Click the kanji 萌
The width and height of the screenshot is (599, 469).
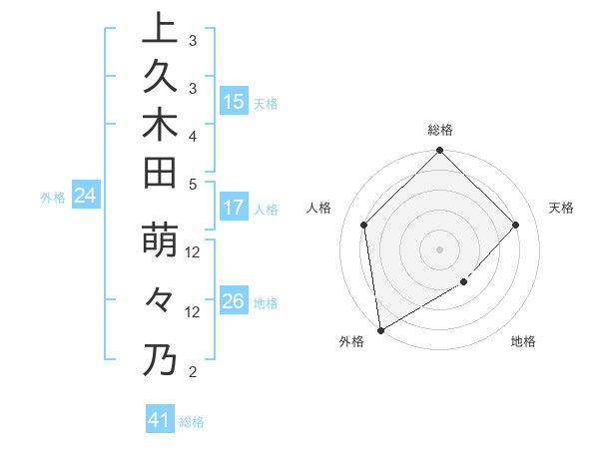[160, 243]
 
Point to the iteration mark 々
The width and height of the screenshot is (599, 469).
[160, 298]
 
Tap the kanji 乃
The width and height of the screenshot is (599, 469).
[160, 359]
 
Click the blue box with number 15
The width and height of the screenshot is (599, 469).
[233, 102]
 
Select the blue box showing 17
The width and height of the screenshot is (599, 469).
[233, 208]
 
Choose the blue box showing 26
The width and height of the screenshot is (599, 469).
[233, 301]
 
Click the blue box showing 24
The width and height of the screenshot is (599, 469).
[86, 197]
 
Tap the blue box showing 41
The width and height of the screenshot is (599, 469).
[159, 420]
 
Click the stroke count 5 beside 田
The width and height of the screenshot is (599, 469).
[192, 184]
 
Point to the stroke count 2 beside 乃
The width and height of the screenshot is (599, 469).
[192, 372]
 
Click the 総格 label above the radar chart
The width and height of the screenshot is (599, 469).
[439, 130]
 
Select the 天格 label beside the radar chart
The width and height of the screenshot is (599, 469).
[561, 208]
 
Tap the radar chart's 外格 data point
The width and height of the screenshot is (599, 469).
[380, 329]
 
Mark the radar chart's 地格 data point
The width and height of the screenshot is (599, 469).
[463, 282]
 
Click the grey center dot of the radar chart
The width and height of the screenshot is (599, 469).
[439, 249]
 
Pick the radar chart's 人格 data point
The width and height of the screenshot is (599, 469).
[364, 225]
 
